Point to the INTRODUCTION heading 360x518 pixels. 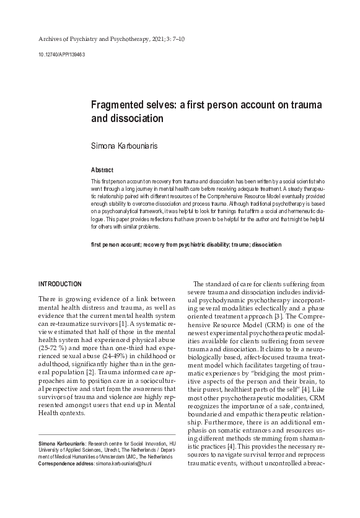coord(60,284)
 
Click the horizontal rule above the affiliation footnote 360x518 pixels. coord(107,434)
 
